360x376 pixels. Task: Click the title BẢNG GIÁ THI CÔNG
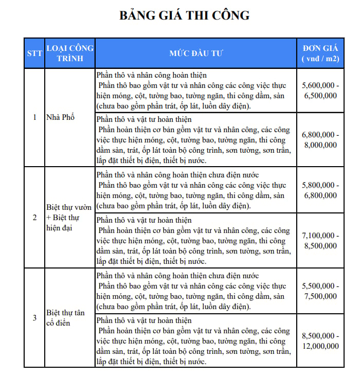184,15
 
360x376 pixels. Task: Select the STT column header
34,53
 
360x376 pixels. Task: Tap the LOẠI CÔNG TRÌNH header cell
70,53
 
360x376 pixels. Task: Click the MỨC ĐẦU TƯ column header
196,53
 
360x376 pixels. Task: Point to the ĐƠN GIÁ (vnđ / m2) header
320,53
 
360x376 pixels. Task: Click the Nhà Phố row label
61,117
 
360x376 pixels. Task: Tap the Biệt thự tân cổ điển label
65,317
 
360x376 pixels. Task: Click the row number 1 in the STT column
34,117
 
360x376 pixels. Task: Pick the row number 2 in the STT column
34,217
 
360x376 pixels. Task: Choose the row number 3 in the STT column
34,317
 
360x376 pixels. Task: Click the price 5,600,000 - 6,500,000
320,91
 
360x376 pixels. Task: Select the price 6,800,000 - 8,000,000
320,140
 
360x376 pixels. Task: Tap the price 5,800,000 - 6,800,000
320,190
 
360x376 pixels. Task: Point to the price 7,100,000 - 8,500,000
320,240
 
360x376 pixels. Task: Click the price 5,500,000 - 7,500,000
320,291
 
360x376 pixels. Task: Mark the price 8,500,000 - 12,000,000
320,341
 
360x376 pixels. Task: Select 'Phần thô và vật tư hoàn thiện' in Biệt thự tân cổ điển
144,321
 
